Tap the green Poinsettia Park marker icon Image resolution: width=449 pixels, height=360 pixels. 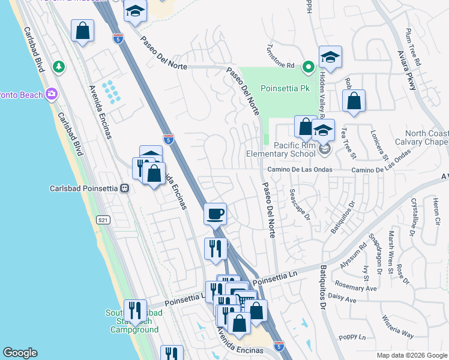[x=309, y=67]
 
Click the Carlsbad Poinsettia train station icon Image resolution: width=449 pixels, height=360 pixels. [x=125, y=188]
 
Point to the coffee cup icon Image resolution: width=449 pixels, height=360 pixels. [x=215, y=213]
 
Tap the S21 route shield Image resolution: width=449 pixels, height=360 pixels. [x=103, y=220]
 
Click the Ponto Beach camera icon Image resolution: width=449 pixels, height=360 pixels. [x=52, y=94]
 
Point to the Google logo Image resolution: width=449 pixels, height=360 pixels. [x=20, y=353]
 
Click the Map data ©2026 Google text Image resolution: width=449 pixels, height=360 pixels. [x=411, y=355]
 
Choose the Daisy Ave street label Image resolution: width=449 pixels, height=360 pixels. [x=343, y=298]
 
